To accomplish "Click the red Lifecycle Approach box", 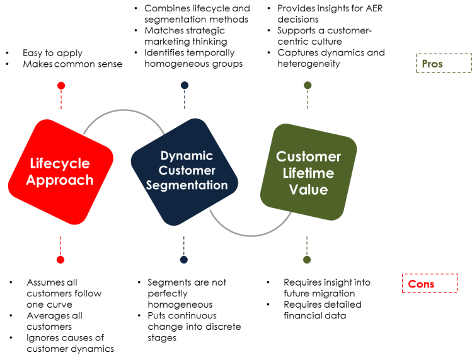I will (x=61, y=171).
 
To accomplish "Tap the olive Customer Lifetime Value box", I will (x=308, y=172).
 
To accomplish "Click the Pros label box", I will (x=442, y=63).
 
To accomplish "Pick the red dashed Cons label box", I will (x=429, y=284).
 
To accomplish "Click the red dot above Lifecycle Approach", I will (x=60, y=86).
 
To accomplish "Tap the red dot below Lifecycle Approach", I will (x=60, y=259).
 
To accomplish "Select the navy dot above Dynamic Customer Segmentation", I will (x=184, y=85).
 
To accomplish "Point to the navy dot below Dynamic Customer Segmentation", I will (x=184, y=259).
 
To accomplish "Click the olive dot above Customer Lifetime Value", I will (x=308, y=85).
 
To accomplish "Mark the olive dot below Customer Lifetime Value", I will (x=308, y=259).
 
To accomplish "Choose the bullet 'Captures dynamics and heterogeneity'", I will (x=330, y=58).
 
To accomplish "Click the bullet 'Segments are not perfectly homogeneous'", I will (x=187, y=293).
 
